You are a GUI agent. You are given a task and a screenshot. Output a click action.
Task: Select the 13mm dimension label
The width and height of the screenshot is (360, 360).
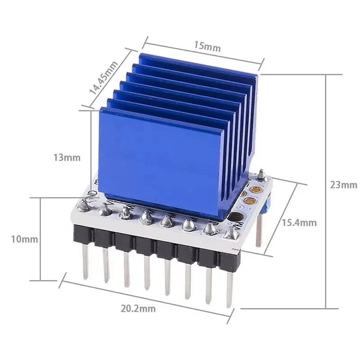[x=66, y=157]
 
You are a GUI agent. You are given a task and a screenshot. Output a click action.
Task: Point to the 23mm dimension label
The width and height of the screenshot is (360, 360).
[x=342, y=185]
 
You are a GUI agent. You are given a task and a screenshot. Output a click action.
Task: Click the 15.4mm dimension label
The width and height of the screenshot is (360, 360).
[x=299, y=222]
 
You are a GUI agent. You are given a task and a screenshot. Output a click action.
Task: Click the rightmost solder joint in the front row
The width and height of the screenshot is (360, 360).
[x=232, y=232]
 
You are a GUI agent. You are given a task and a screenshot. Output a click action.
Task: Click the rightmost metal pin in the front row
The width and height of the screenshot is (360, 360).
[x=229, y=288]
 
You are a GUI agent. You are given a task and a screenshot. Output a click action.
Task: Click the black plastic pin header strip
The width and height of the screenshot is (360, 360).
[x=157, y=245]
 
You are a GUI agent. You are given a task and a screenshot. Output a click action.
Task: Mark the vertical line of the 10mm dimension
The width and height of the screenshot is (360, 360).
[x=41, y=238]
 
